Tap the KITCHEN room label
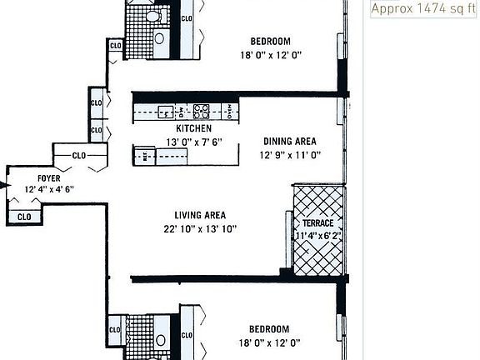pos(193,129)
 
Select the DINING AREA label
pos(289,142)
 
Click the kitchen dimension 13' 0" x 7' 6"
pos(193,142)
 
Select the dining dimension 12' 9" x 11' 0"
pos(289,154)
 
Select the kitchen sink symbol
pos(166,111)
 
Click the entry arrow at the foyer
pos(4,185)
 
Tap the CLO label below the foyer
pos(24,217)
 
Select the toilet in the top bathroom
pos(153,16)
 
